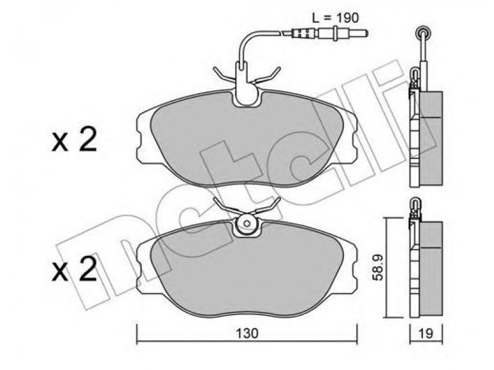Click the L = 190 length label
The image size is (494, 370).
tap(335, 18)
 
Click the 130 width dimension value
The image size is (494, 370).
tap(248, 334)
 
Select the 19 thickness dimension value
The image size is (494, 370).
tap(426, 334)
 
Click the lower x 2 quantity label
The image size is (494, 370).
tap(74, 269)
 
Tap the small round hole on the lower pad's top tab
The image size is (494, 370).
tap(247, 223)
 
